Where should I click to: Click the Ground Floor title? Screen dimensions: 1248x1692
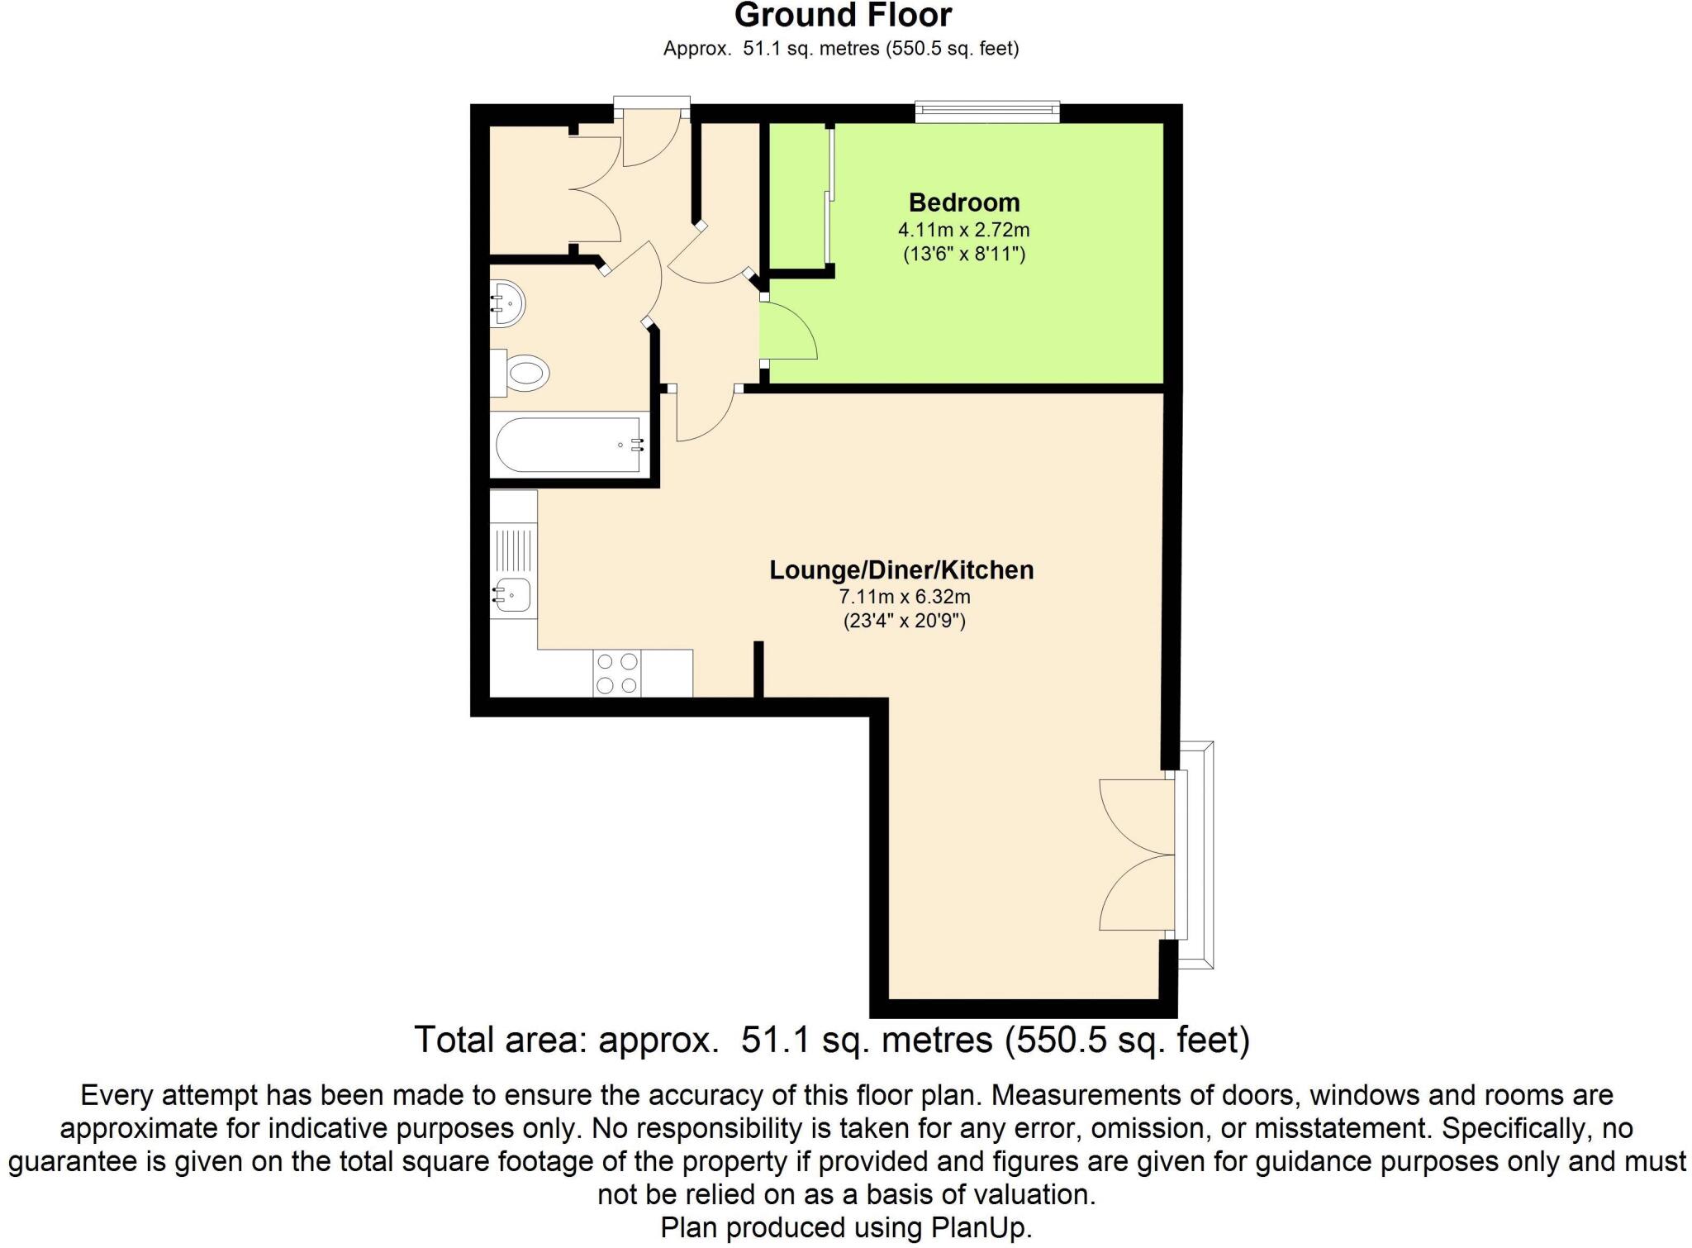pyautogui.click(x=843, y=15)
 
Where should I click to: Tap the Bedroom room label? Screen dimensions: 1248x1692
pyautogui.click(x=963, y=202)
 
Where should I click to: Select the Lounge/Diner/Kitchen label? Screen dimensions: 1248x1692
pyautogui.click(x=901, y=570)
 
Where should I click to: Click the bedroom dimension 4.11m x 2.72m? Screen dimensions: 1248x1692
pyautogui.click(x=963, y=230)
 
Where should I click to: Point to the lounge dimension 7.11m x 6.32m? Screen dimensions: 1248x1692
pyautogui.click(x=904, y=597)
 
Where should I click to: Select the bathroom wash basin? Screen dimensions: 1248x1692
pyautogui.click(x=507, y=303)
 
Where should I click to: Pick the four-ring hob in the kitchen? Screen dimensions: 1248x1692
pyautogui.click(x=617, y=674)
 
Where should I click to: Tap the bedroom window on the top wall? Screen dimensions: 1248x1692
pyautogui.click(x=987, y=112)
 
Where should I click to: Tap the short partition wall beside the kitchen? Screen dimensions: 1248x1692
pyautogui.click(x=758, y=669)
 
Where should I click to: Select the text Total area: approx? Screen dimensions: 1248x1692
pyautogui.click(x=566, y=1040)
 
